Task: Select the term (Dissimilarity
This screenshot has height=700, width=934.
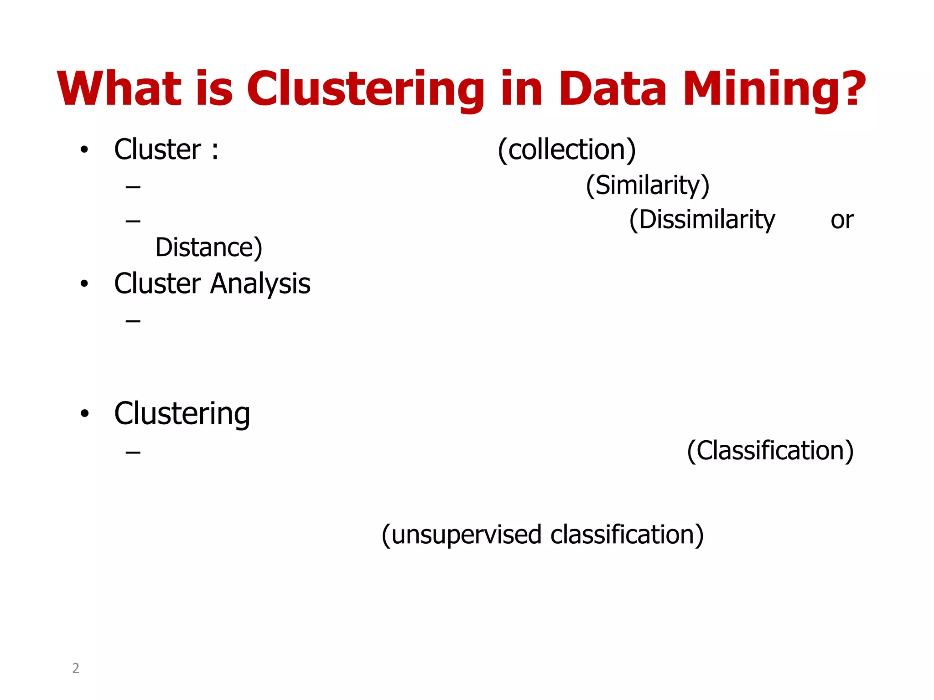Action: pyautogui.click(x=702, y=220)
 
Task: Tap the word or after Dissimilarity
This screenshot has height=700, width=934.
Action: pyautogui.click(x=842, y=221)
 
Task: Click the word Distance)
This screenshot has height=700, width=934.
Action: pyautogui.click(x=209, y=247)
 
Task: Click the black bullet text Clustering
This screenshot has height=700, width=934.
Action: pyautogui.click(x=182, y=414)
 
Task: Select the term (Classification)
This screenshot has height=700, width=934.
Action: pyautogui.click(x=770, y=451)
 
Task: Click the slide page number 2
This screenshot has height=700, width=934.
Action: pyautogui.click(x=76, y=668)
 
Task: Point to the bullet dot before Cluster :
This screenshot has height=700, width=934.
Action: pyautogui.click(x=84, y=150)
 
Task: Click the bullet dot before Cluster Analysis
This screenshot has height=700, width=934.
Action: pyautogui.click(x=84, y=284)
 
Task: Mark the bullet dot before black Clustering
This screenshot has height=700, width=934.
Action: pyautogui.click(x=84, y=414)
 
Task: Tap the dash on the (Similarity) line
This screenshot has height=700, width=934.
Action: pyautogui.click(x=133, y=186)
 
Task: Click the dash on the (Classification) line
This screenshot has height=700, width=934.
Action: pyautogui.click(x=133, y=452)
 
